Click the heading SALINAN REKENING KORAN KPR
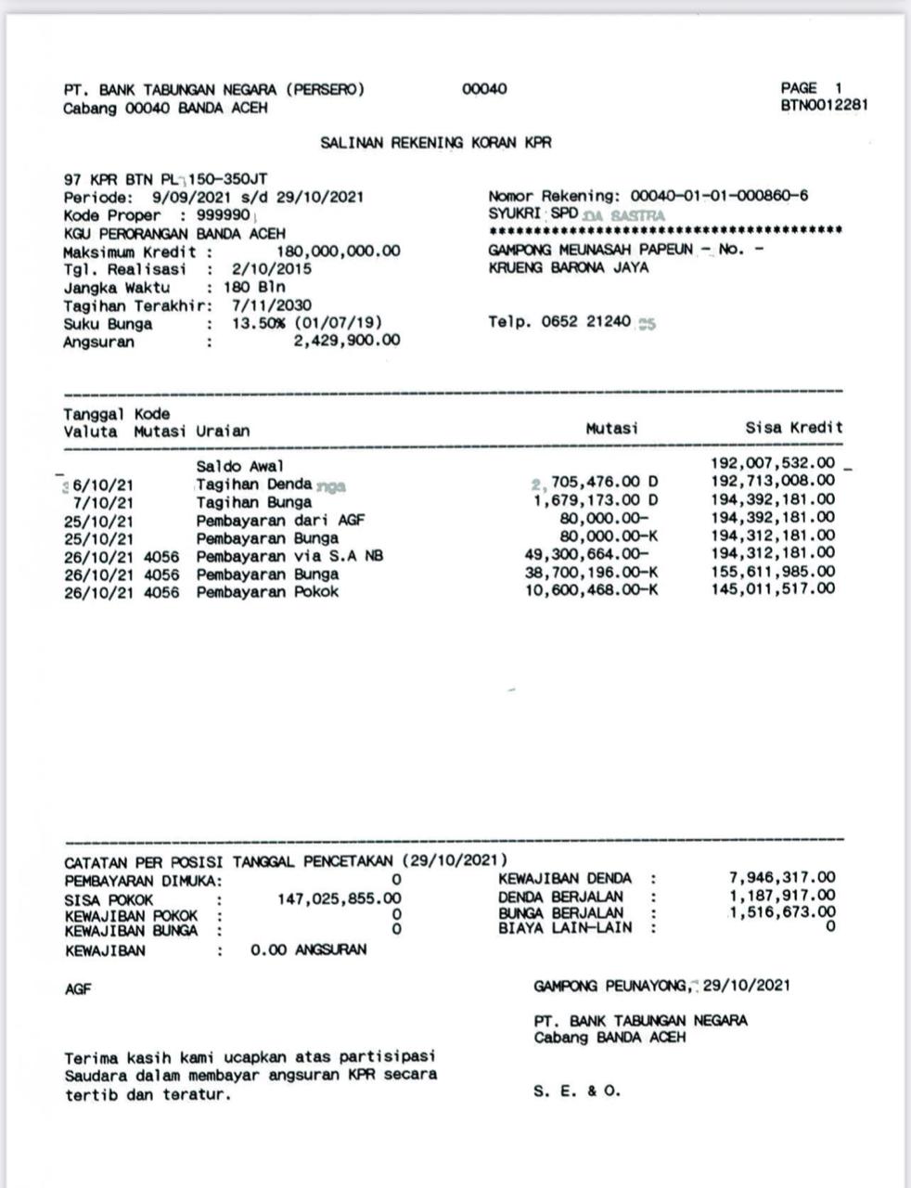435,143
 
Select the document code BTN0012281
824,105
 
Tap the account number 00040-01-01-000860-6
719,196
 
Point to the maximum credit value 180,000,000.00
339,252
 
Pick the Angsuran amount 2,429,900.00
347,341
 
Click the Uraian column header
223,431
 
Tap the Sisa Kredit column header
794,428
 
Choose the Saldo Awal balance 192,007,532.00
773,463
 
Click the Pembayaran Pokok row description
267,592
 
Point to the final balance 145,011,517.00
773,589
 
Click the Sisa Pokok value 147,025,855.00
340,898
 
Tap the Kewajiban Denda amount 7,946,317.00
782,877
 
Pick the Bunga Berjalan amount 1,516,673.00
782,911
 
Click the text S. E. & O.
577,1091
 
